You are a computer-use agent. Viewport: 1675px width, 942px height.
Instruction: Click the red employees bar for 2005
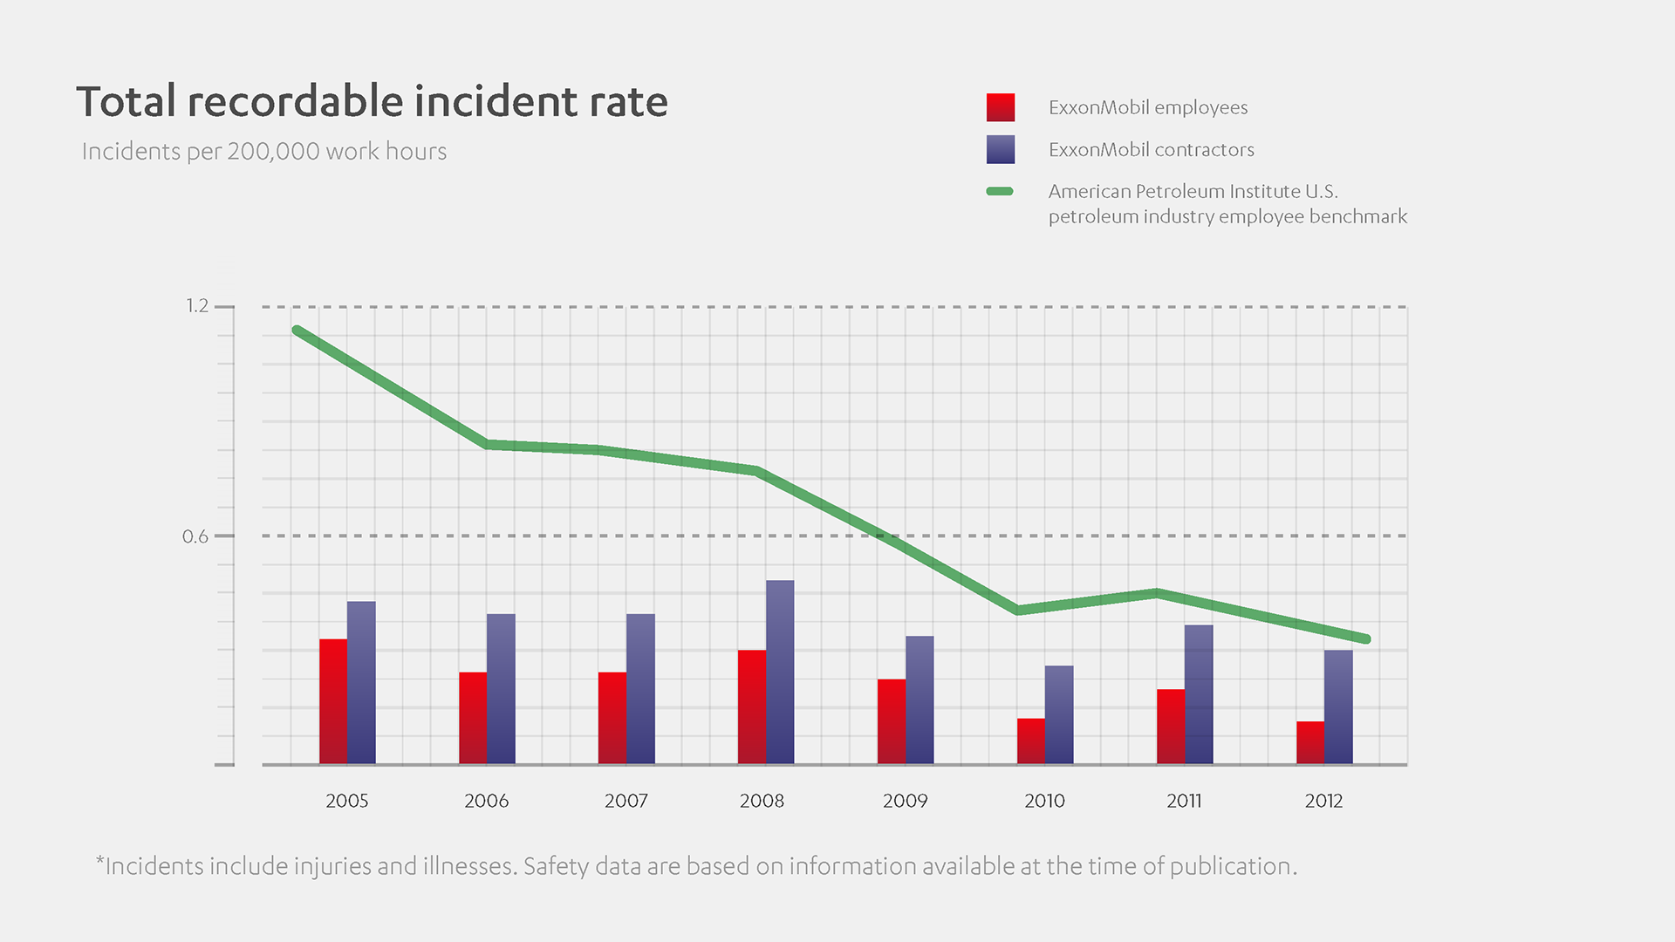pos(333,701)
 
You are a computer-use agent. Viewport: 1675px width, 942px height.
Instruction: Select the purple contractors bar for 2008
pos(780,672)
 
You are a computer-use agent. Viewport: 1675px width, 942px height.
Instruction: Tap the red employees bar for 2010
pos(1031,741)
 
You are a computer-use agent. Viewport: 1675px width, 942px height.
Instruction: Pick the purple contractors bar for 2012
pos(1338,706)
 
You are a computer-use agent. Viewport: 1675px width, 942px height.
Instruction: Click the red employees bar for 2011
pos(1171,727)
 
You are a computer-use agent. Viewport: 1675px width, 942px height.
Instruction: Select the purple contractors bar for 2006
pos(501,689)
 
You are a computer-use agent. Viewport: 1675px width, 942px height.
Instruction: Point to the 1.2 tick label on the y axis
pos(197,306)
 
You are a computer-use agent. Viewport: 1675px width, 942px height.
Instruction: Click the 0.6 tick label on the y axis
pos(195,536)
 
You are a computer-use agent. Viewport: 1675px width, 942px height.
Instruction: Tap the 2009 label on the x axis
pos(905,801)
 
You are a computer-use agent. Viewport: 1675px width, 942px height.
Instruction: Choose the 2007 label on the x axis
pos(626,801)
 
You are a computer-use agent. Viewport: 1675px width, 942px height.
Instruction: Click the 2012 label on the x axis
pos(1323,801)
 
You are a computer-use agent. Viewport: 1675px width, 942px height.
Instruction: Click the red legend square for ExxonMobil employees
pos(1001,107)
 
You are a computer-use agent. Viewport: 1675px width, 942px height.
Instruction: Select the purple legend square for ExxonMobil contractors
pos(1001,149)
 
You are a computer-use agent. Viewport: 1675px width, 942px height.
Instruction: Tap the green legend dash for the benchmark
pos(1000,191)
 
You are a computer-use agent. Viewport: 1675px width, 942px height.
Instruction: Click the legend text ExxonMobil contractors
pos(1151,150)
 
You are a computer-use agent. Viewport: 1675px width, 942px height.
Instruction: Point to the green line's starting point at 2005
pos(297,331)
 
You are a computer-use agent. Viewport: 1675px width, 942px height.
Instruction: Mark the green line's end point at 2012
pos(1366,639)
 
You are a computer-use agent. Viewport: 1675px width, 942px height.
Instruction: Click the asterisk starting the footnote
pos(100,862)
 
